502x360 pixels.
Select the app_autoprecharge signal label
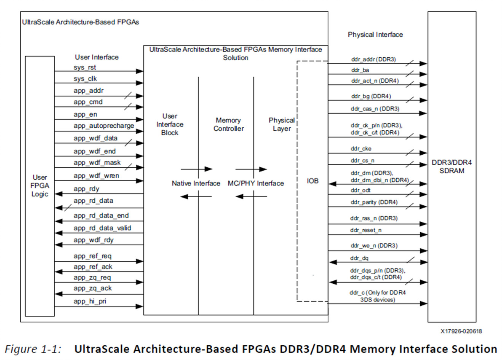104,126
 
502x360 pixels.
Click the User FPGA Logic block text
40,185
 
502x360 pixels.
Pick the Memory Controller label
228,125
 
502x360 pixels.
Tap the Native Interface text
196,183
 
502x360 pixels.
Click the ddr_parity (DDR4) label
374,202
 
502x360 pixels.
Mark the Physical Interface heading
375,35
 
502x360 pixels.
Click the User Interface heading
96,57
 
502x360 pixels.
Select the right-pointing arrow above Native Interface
196,169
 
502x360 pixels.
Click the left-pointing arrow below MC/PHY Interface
251,196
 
